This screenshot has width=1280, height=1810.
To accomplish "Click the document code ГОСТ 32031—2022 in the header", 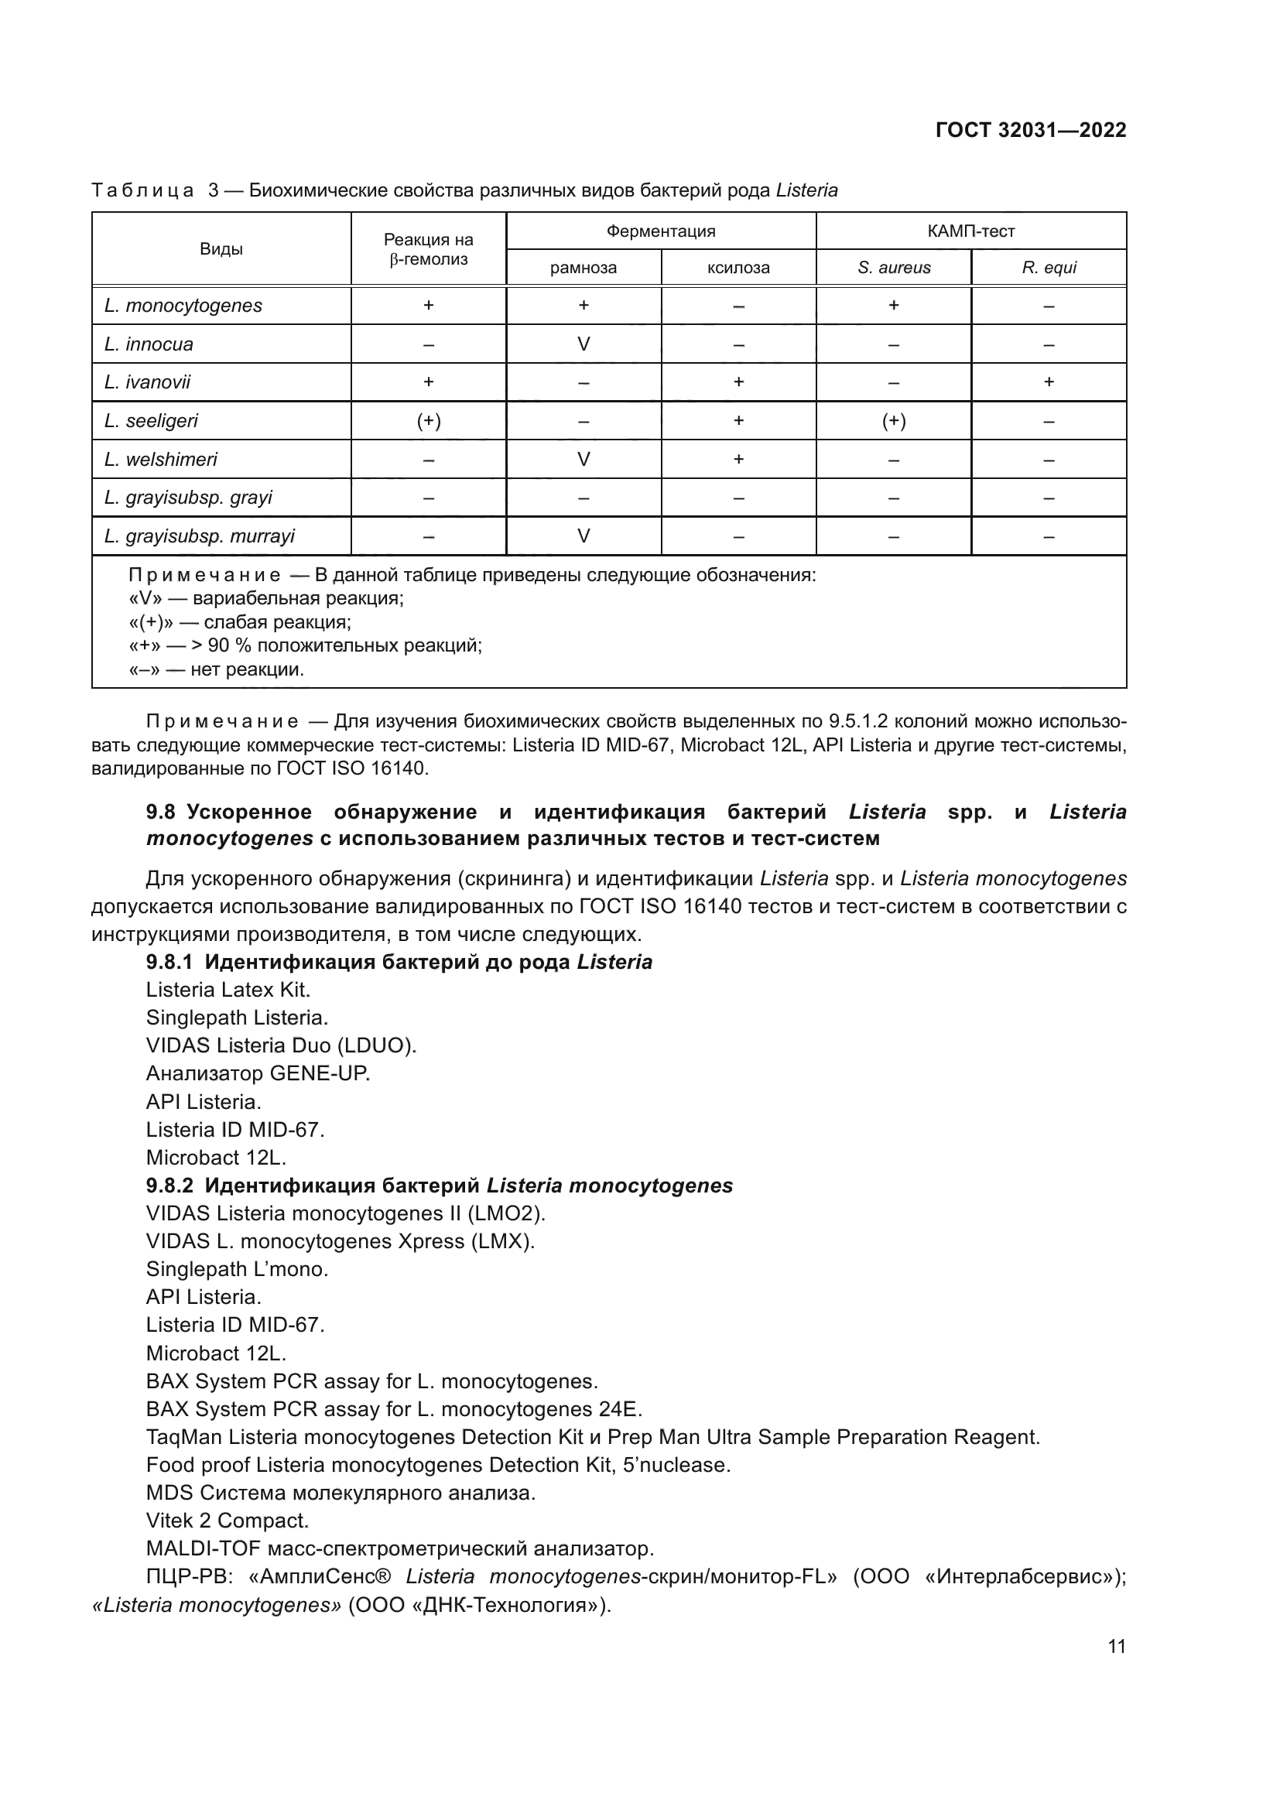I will point(1030,130).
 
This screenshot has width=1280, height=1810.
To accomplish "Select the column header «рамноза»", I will point(584,268).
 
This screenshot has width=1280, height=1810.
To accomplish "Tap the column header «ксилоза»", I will point(738,268).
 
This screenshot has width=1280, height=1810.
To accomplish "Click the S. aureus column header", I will point(894,268).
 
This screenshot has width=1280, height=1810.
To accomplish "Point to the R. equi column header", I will point(1049,268).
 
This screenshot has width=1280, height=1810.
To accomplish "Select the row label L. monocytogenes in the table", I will point(183,306).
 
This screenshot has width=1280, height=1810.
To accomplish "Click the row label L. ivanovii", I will point(147,382).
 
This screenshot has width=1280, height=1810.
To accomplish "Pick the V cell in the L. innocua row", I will point(584,344).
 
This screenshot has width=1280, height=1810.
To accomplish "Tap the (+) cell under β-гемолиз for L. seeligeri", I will point(428,421).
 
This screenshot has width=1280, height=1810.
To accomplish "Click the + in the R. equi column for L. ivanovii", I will point(1049,382).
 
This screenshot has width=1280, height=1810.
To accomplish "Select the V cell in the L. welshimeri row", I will point(584,460).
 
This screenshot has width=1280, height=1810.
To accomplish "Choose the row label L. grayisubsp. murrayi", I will point(200,537).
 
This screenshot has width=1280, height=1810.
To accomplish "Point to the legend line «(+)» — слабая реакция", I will point(240,622).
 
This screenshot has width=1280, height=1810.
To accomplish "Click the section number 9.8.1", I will point(169,963).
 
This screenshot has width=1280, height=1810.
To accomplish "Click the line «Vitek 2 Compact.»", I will point(227,1521).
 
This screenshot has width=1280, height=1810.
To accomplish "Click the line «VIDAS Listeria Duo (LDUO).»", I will point(281,1046).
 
